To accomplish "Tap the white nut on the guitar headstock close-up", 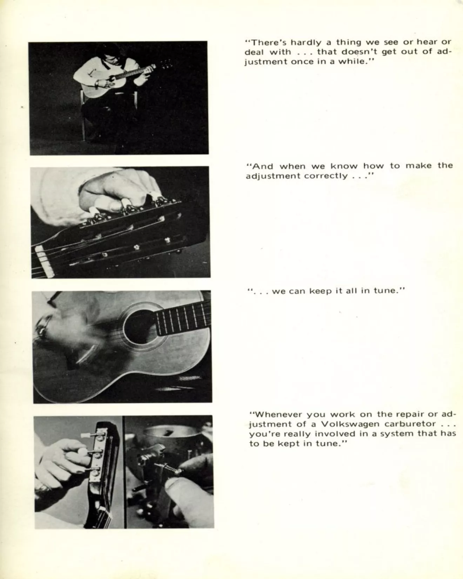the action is tap(45, 261).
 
